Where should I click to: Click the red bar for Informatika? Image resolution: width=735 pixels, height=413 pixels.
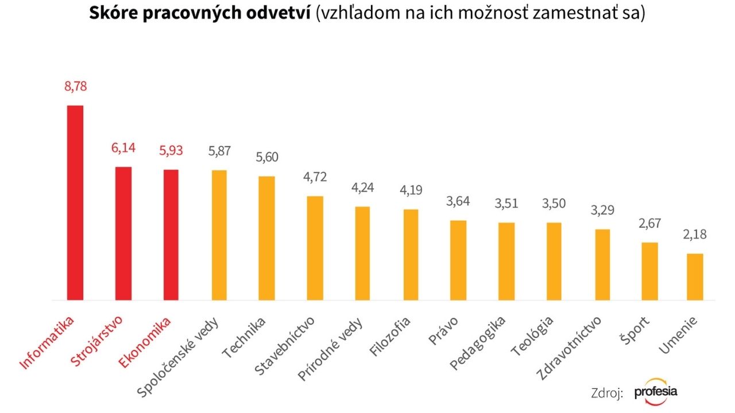tap(75, 202)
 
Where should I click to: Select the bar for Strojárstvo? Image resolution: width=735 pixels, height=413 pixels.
tap(123, 233)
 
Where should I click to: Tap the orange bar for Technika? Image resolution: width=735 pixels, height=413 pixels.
tap(267, 238)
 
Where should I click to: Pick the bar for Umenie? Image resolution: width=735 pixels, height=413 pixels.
tap(695, 276)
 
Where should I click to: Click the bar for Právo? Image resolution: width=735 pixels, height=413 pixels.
tap(458, 260)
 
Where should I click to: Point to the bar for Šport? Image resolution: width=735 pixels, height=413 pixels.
tap(649, 271)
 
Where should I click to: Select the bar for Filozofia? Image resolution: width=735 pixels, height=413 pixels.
tap(411, 255)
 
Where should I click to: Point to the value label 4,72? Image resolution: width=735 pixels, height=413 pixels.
tap(315, 177)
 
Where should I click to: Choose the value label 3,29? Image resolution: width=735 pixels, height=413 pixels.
tap(602, 210)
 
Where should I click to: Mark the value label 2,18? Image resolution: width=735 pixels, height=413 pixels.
tap(695, 235)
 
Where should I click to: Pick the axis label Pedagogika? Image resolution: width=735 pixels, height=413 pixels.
tap(478, 342)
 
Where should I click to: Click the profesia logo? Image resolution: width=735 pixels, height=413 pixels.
tap(656, 392)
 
